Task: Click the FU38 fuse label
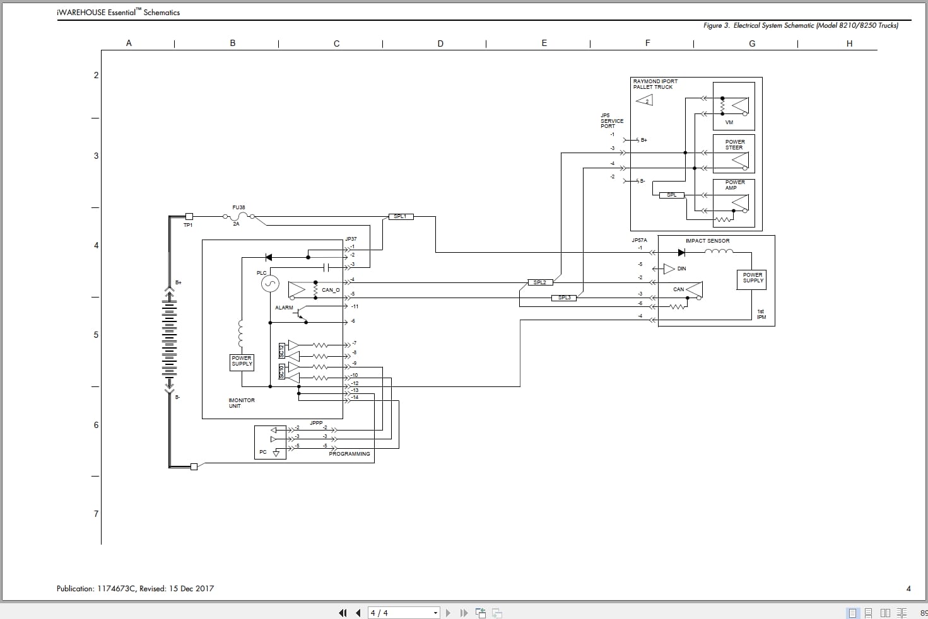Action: point(238,207)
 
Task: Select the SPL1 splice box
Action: point(400,217)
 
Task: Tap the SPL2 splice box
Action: point(539,282)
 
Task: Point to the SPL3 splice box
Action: point(564,298)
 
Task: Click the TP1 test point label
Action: point(188,225)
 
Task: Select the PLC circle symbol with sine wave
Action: point(270,284)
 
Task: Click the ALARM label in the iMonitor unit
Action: point(284,308)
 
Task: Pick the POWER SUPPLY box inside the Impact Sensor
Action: point(752,279)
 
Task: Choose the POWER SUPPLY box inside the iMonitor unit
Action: point(242,361)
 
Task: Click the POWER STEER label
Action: point(734,145)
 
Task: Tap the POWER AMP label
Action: point(734,185)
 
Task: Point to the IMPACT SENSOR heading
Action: point(707,241)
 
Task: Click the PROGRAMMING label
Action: point(349,454)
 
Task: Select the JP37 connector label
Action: point(351,239)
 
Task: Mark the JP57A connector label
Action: point(639,240)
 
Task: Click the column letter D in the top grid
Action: point(440,43)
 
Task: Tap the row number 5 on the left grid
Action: point(96,335)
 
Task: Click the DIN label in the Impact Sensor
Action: point(681,269)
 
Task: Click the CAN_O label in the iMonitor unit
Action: point(331,290)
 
